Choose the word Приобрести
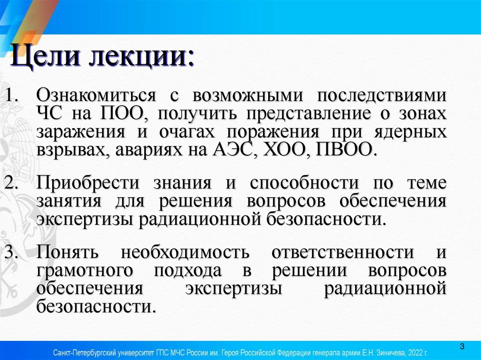(x=87, y=184)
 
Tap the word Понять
(x=68, y=253)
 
